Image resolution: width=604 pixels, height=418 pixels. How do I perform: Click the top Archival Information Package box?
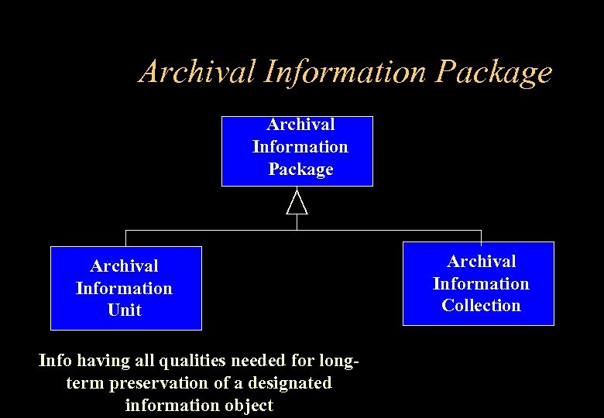coord(297,151)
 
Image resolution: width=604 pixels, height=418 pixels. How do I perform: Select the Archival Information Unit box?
coord(125,288)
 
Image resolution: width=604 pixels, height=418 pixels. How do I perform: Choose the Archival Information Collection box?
coord(481,283)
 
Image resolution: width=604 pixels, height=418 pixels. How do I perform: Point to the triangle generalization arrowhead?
coord(297,203)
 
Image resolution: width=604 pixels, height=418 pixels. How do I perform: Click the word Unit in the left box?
coord(125,310)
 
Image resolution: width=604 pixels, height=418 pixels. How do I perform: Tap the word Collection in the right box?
coord(481,306)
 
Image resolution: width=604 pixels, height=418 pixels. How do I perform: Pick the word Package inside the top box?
coord(300,169)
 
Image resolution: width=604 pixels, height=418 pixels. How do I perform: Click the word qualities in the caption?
coord(170,360)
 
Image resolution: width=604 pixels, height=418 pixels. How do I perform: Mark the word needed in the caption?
coord(232,360)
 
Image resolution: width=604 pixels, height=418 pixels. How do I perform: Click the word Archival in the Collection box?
coord(481,261)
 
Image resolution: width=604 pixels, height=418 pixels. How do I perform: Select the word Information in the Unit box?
coord(124,288)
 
